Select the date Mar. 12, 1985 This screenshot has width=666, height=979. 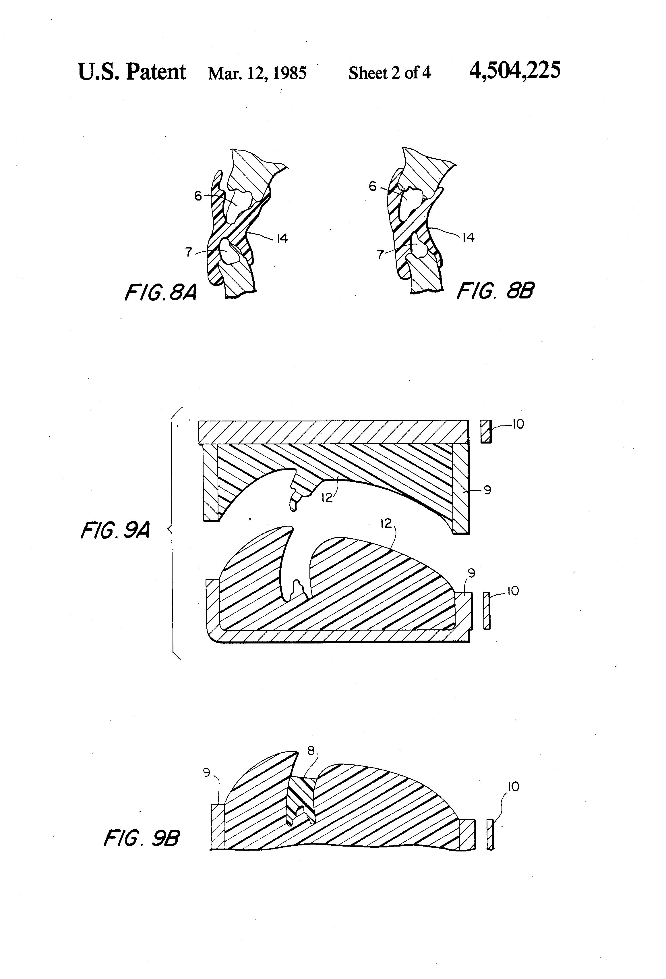click(x=257, y=73)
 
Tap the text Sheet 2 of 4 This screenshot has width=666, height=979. click(x=390, y=73)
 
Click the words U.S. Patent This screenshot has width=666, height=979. click(x=132, y=72)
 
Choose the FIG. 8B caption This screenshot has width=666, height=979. click(x=495, y=291)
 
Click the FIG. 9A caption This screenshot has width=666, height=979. click(x=115, y=530)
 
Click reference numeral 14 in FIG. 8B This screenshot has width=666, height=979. click(x=468, y=238)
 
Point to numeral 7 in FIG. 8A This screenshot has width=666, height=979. click(x=189, y=252)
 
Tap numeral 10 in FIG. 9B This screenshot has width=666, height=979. click(x=514, y=787)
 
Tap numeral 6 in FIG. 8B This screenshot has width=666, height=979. click(x=372, y=186)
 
